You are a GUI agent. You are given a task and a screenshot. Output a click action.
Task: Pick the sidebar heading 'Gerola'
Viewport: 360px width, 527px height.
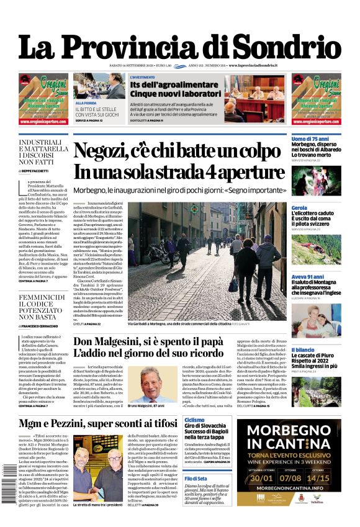point(299,208)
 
